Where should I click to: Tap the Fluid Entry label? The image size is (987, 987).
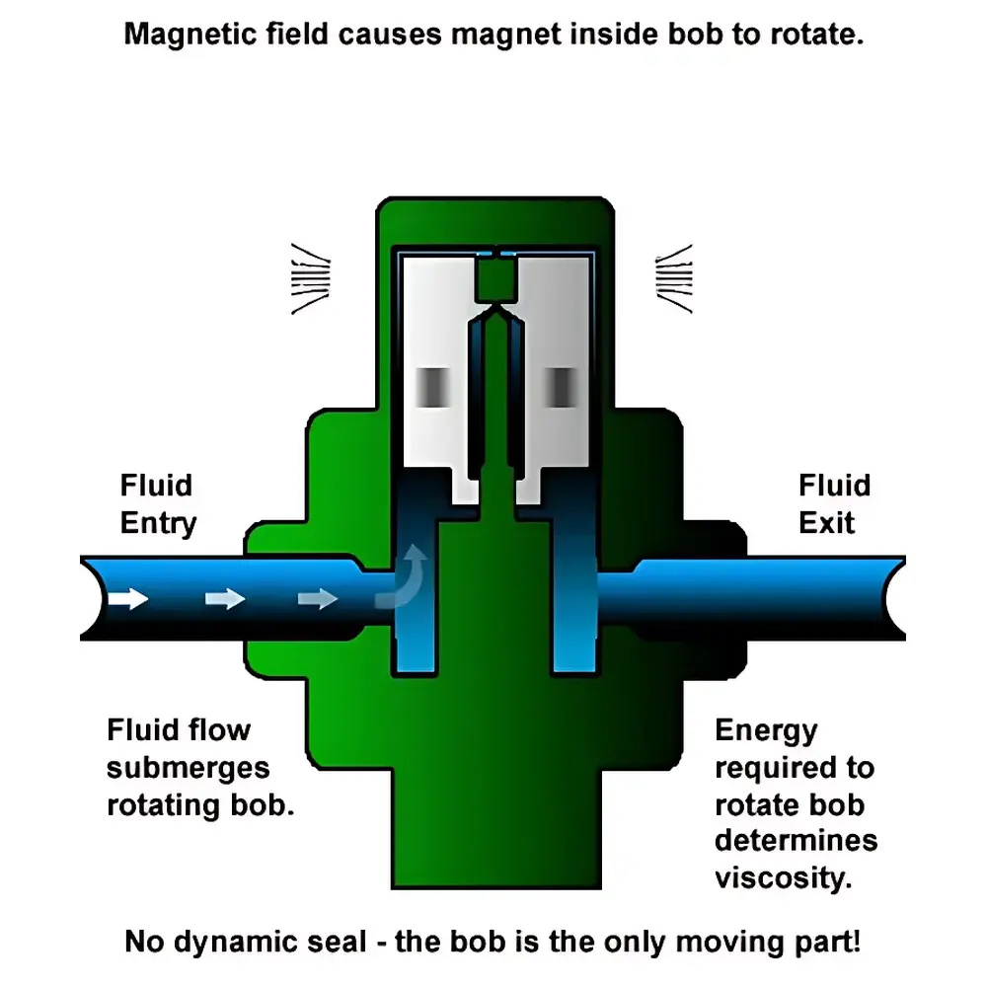tap(158, 503)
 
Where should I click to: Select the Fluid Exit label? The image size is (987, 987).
tap(834, 503)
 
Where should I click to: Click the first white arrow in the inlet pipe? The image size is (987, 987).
tap(128, 598)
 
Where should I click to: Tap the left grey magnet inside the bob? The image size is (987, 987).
tap(430, 387)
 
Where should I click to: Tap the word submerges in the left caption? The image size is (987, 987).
tap(188, 767)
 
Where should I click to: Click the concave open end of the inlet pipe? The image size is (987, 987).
tap(91, 598)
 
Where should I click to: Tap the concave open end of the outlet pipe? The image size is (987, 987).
tap(894, 598)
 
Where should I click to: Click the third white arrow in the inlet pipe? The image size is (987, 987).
tap(317, 598)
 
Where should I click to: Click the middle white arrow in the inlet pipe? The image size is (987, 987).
tap(224, 598)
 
